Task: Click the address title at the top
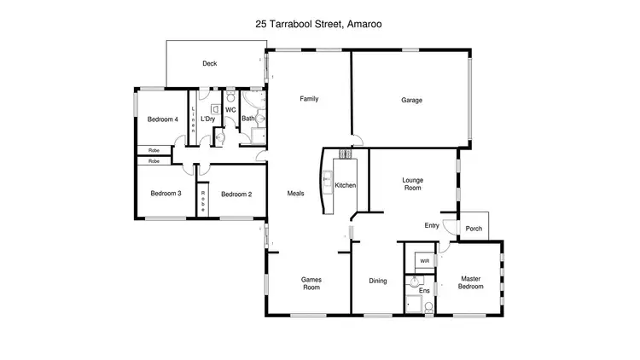coord(318,25)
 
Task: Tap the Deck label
coord(209,63)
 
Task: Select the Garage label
coord(412,100)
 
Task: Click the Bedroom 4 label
coord(162,119)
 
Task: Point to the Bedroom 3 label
coord(166,194)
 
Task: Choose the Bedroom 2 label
coord(236,195)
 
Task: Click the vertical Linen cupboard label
coord(194,120)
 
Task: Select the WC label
coord(230,110)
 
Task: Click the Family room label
coord(309,99)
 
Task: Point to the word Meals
coord(295,193)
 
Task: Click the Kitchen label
coord(345,185)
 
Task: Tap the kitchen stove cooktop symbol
coord(346,154)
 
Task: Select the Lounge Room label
coord(413,184)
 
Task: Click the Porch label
coord(474,229)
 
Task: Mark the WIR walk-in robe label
coord(424,260)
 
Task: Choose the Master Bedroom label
coord(471,282)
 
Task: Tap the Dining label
coord(378,281)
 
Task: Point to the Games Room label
coord(311,283)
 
